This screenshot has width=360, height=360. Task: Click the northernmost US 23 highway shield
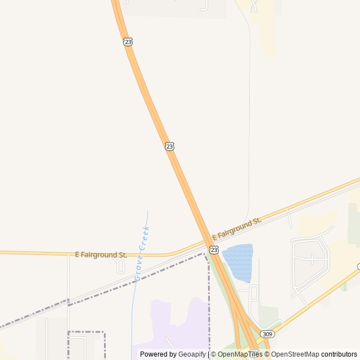128,42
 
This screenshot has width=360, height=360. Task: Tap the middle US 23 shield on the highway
169,146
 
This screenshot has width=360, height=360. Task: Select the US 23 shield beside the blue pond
214,249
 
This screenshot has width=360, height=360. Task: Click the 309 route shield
268,334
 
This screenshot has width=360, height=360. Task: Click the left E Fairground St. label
101,255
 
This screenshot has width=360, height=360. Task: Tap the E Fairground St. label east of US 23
237,228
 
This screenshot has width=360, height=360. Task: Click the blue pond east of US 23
238,262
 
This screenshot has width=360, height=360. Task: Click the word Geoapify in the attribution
192,354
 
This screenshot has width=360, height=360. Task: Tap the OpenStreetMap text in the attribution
295,354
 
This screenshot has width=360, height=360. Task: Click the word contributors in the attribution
339,354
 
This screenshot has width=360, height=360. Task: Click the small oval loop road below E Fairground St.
120,265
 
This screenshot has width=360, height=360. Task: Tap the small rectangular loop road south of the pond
253,293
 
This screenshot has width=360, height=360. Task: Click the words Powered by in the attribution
158,354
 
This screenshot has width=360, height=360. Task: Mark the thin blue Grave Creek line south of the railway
133,315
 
